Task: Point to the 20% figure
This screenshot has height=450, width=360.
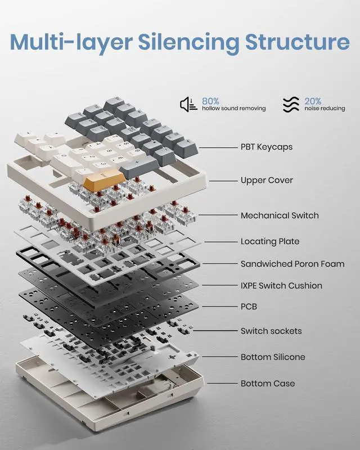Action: [313, 101]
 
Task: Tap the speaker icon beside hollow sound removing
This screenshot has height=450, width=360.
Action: [188, 104]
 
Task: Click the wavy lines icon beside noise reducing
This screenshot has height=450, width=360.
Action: [291, 105]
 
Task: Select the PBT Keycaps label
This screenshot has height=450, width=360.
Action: [266, 147]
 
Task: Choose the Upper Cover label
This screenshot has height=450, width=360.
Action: [267, 181]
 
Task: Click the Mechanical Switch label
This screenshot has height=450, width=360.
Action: [280, 215]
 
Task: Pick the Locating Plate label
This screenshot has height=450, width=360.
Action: [270, 241]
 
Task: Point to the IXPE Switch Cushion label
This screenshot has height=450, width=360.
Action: [281, 286]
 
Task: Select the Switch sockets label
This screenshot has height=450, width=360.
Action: [271, 331]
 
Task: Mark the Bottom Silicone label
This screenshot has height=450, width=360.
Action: [273, 357]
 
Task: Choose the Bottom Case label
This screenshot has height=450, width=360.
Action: [268, 384]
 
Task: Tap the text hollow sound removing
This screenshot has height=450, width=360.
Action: [233, 109]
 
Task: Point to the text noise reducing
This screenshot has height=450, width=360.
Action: [325, 109]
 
